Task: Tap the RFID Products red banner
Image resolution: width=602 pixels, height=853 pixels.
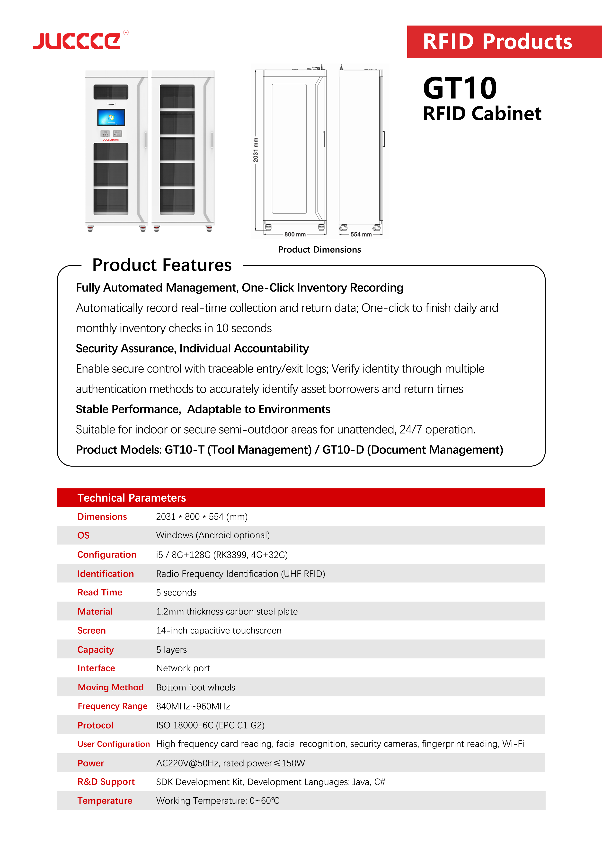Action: [498, 42]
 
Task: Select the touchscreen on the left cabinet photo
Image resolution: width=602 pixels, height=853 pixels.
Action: [111, 117]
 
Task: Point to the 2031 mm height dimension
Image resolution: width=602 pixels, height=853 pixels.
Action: [256, 150]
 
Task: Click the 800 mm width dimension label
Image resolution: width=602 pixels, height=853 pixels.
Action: [295, 234]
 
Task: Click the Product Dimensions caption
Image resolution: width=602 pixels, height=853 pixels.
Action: [319, 250]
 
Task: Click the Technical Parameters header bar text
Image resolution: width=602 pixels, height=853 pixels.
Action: [132, 498]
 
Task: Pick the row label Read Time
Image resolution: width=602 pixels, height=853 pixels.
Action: [99, 592]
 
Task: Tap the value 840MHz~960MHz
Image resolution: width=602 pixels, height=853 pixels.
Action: [193, 706]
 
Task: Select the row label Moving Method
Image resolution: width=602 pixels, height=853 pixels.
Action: [111, 687]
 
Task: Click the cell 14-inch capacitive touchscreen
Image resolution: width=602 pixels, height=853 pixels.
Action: [219, 631]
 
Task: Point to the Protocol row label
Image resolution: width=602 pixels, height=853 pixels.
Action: [96, 725]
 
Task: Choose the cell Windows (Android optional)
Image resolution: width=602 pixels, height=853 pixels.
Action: [213, 535]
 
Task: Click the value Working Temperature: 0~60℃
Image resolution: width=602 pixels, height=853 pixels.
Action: [218, 801]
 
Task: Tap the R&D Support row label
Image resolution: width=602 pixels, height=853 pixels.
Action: [106, 782]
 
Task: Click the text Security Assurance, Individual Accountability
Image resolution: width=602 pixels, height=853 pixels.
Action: [192, 348]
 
